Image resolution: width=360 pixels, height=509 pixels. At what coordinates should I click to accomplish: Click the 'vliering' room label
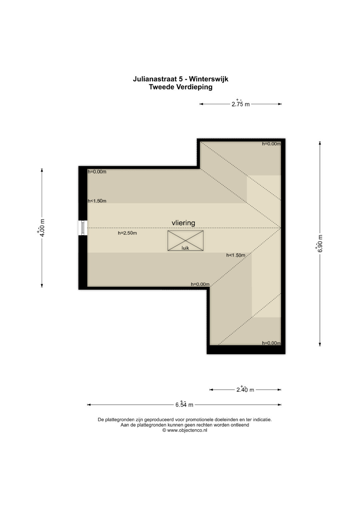pos(183,223)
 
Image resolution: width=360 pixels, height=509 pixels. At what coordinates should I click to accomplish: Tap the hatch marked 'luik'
pos(185,241)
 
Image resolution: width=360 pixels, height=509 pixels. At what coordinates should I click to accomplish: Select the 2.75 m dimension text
pos(240,104)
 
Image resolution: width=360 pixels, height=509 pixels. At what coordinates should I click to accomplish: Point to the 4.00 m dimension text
pos(42,227)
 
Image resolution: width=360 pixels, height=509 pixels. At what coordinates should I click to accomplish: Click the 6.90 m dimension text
pos(320,243)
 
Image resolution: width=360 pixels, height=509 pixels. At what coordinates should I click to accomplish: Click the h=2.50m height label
pos(127,233)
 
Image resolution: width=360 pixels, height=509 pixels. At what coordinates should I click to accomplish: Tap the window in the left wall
pos(83,228)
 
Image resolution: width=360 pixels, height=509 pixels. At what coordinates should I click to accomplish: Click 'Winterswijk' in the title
pos(209,79)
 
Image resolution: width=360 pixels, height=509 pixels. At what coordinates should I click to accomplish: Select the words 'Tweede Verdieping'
pos(181,87)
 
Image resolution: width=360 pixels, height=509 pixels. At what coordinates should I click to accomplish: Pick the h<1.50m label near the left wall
pos(97,201)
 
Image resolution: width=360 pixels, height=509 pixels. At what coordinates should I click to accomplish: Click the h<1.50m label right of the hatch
pos(236,255)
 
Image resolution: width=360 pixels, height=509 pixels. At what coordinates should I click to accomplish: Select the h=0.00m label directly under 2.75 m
pos(271,144)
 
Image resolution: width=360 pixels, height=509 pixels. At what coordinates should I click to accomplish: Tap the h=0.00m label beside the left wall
pos(97,172)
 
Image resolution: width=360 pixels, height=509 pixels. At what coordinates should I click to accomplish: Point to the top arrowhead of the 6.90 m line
pos(320,143)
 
